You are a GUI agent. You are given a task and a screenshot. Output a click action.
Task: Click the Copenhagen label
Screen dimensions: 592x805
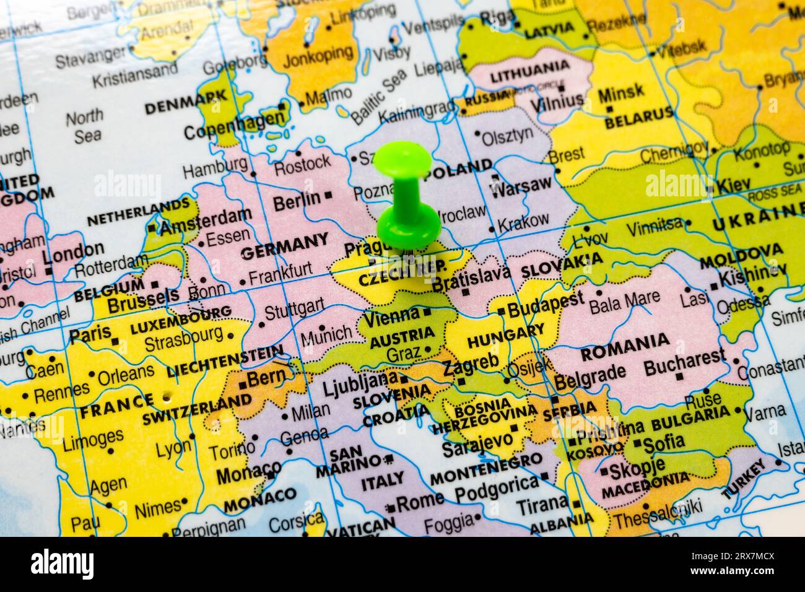(233, 129)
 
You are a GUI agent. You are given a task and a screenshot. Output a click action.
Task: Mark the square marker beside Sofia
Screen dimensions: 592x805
(637, 443)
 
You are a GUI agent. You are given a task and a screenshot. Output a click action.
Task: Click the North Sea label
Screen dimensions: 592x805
(85, 126)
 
